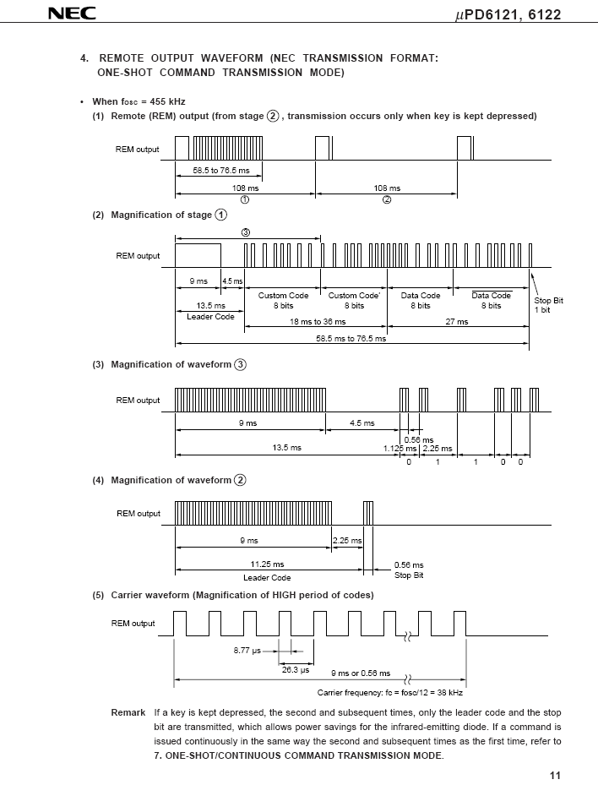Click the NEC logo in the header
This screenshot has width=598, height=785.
(69, 14)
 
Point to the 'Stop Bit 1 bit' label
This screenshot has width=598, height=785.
(548, 305)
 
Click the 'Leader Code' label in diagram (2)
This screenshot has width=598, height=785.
(210, 317)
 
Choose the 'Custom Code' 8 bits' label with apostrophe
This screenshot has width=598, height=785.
(354, 301)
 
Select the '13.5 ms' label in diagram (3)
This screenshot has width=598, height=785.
(286, 448)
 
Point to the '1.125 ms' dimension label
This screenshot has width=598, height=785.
(400, 449)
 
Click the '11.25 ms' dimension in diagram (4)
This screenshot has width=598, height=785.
(267, 564)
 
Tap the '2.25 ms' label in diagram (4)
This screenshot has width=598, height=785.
(347, 541)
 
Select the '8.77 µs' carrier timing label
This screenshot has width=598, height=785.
(248, 651)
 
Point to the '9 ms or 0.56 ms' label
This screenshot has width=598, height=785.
(362, 673)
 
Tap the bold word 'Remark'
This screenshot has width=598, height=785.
(128, 713)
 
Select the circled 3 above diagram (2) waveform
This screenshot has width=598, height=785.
(246, 232)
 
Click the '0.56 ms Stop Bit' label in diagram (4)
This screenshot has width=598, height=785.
(409, 570)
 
